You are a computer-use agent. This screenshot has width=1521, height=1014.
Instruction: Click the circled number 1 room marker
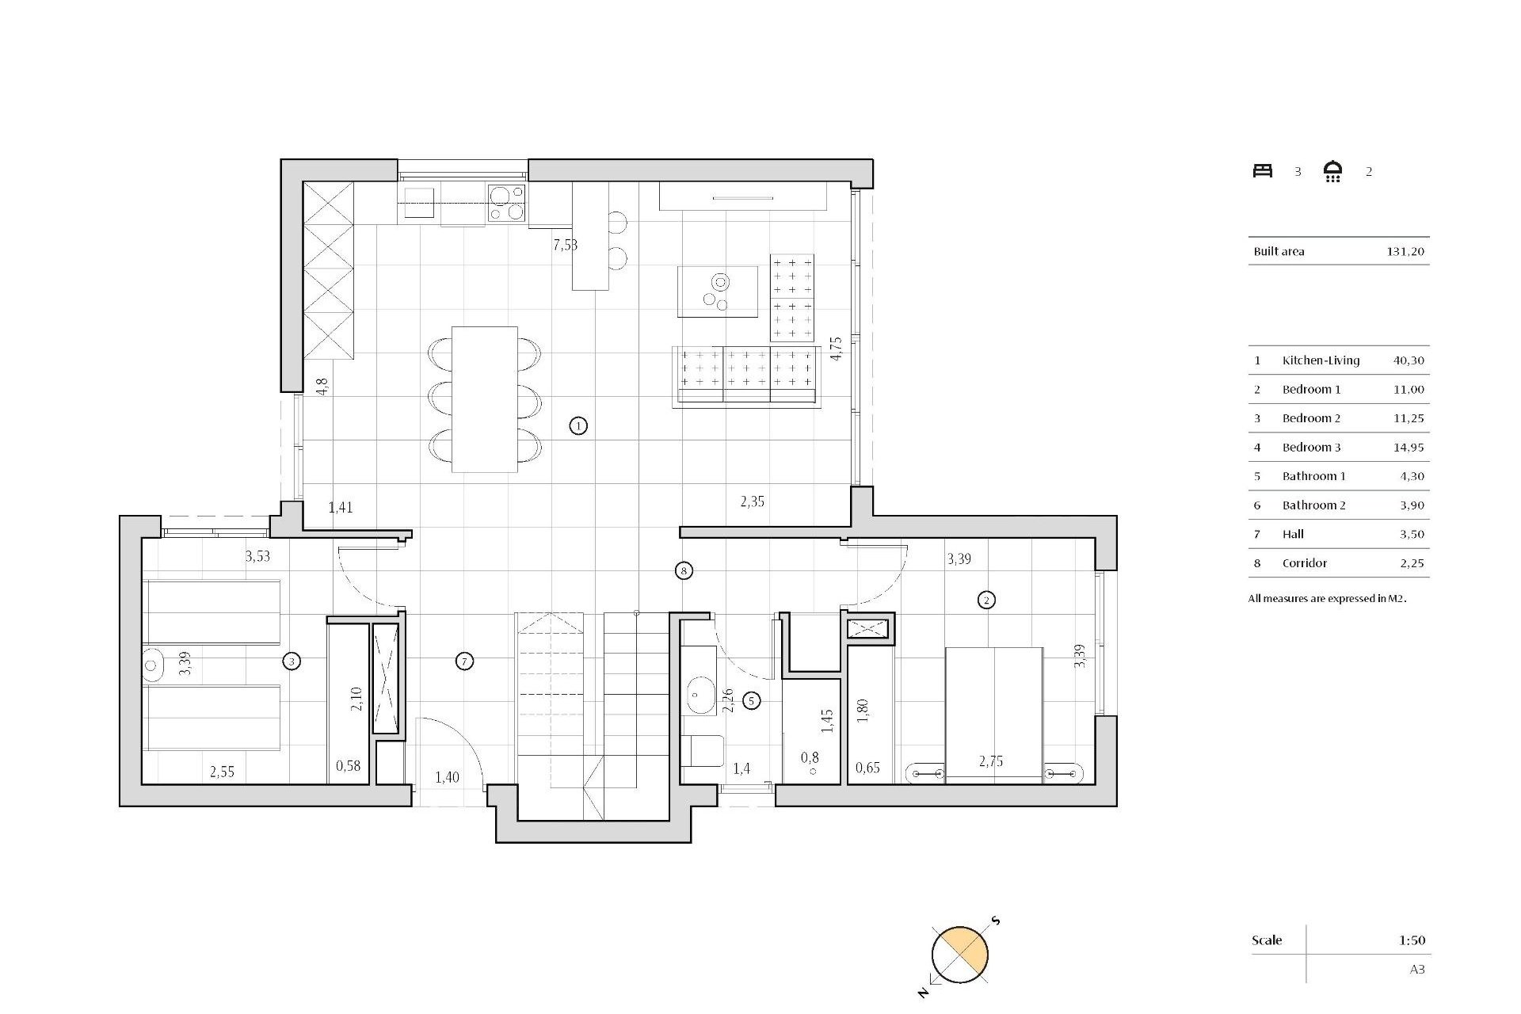pos(578,426)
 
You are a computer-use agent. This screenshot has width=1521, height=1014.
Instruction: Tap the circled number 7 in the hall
pos(465,661)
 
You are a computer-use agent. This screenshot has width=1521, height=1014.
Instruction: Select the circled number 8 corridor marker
pos(684,570)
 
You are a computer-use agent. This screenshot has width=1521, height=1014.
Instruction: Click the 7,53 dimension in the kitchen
pos(565,245)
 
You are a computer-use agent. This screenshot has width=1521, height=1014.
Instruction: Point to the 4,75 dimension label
pos(836,349)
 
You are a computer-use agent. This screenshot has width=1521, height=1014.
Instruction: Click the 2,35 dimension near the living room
pos(752,501)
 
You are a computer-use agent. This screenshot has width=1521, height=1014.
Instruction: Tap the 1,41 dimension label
pos(341,508)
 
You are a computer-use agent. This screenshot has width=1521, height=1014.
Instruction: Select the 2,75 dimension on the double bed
pos(990,761)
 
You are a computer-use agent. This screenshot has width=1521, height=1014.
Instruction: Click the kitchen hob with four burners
pos(506,202)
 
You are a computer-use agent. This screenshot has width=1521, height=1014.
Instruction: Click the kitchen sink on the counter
pos(419,202)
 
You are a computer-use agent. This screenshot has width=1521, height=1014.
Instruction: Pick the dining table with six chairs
pos(484,399)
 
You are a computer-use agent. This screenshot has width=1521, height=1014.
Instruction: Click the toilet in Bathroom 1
pos(703,751)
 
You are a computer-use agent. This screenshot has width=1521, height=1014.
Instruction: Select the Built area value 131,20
pos(1405,252)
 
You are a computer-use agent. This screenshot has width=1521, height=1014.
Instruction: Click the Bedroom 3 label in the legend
pos(1311,448)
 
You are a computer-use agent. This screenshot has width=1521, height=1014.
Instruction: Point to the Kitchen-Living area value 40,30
pos(1408,360)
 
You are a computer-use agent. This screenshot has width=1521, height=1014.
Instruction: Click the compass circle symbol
pos(960,955)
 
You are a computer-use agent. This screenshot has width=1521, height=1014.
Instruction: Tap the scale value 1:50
pos(1411,941)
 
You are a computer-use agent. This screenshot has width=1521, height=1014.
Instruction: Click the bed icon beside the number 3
pos(1263,171)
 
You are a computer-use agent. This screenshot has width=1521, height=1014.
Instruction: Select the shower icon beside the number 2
pos(1333,172)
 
